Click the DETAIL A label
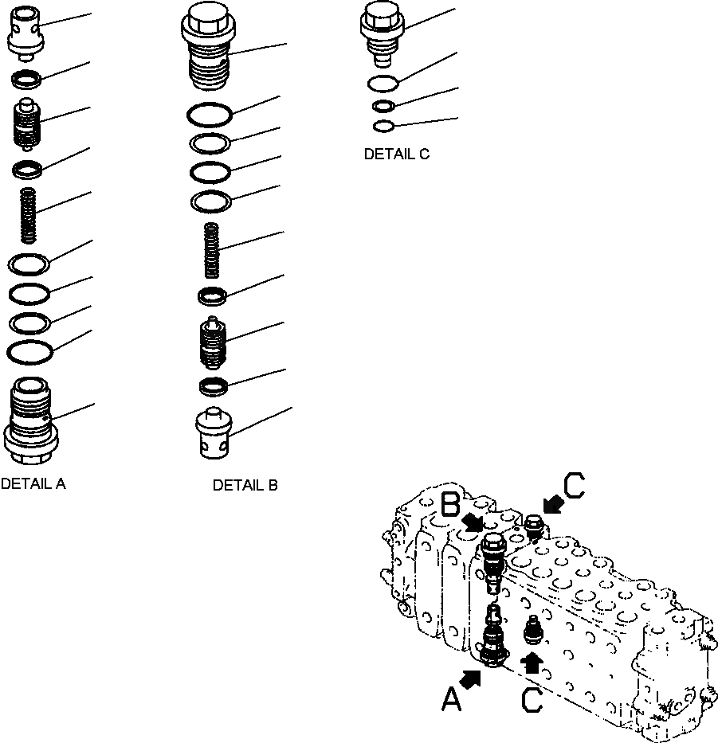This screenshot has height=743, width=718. coord(33,483)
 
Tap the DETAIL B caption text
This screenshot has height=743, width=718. coord(245,485)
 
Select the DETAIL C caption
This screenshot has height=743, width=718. coord(396,154)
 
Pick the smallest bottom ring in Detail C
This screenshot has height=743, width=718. coord(383,126)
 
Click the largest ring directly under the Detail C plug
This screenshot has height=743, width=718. coord(383,83)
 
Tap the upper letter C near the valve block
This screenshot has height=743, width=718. coord(574,486)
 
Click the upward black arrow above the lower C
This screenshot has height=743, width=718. coord(532,661)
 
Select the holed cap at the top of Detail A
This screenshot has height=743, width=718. coord(29,35)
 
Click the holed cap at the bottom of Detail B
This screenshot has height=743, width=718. coord(213,434)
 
